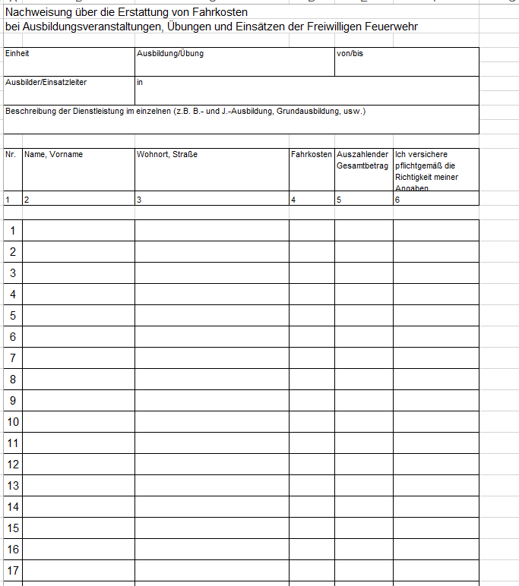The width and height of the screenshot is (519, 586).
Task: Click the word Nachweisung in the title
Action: click(36, 13)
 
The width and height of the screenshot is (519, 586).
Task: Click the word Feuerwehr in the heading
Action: click(393, 27)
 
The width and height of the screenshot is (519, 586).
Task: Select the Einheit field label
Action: click(17, 54)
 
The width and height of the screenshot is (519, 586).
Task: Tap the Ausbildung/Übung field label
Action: click(169, 54)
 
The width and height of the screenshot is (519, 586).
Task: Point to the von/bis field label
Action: click(350, 54)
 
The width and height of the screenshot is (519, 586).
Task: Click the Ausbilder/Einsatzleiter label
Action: click(46, 82)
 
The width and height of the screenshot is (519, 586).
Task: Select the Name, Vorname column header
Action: click(53, 154)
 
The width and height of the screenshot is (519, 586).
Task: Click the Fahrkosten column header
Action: click(312, 154)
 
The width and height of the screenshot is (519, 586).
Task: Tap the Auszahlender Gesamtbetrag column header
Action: click(362, 159)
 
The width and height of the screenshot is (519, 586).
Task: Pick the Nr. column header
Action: click(11, 154)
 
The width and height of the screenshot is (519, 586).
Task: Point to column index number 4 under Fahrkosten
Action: click(293, 200)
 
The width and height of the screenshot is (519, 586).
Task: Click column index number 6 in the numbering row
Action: click(397, 200)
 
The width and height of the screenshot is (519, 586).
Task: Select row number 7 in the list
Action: click(12, 358)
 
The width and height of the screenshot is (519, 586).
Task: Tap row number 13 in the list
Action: click(13, 485)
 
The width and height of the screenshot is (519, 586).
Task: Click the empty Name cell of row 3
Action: click(78, 273)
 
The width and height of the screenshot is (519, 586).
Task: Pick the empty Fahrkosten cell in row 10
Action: click(312, 421)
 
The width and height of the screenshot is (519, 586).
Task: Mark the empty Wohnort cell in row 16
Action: click(211, 549)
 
